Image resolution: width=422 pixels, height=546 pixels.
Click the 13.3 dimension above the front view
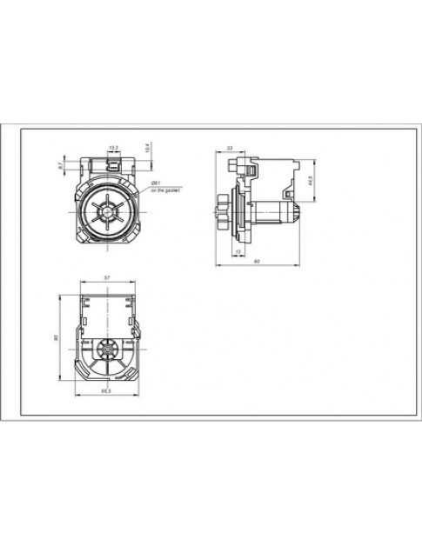112,147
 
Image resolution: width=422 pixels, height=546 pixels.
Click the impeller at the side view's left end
224,211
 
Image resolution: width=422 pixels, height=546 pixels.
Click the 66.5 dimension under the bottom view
106,391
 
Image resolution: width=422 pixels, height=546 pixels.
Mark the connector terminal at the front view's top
112,160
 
